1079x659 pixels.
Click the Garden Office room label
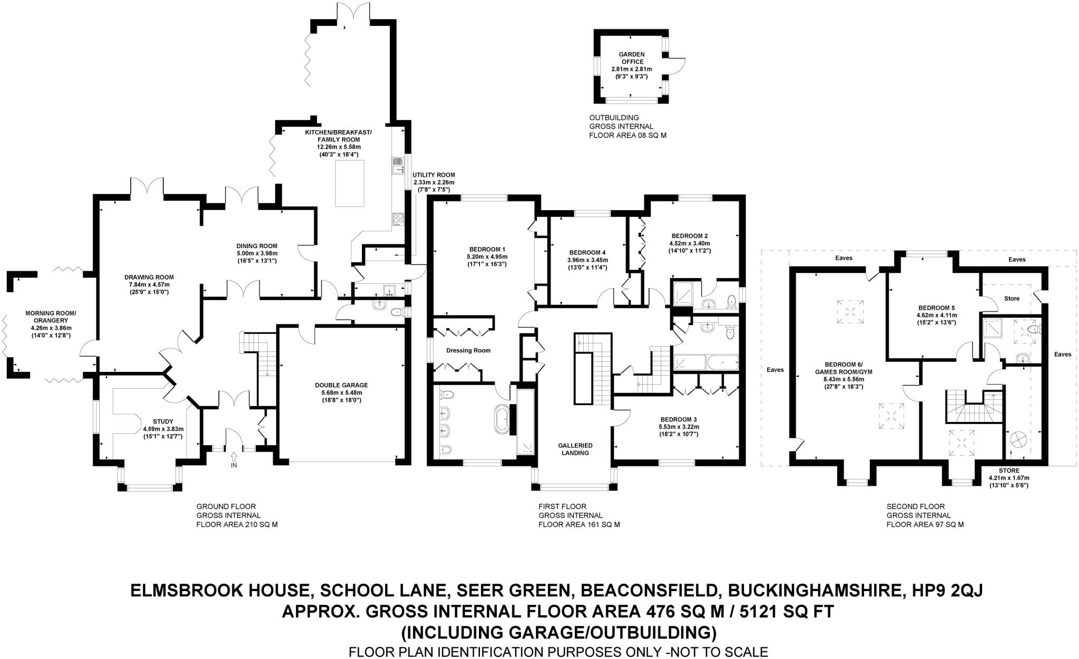631,58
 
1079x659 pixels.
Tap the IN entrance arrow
234,457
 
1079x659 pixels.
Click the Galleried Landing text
575,449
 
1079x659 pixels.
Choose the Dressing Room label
468,350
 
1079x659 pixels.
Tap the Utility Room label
433,175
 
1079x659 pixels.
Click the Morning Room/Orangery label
51,317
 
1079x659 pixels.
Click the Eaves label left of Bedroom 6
776,370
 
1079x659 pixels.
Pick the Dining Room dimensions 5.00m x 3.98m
257,253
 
